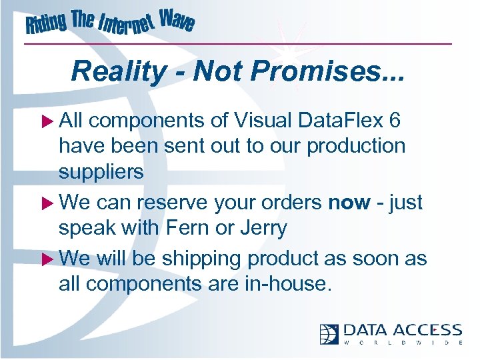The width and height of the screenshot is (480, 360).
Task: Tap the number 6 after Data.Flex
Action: (395, 121)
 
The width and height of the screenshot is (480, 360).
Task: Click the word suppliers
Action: (101, 172)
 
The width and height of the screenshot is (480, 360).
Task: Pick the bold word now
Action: (349, 202)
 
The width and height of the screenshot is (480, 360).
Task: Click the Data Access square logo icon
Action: (329, 333)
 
